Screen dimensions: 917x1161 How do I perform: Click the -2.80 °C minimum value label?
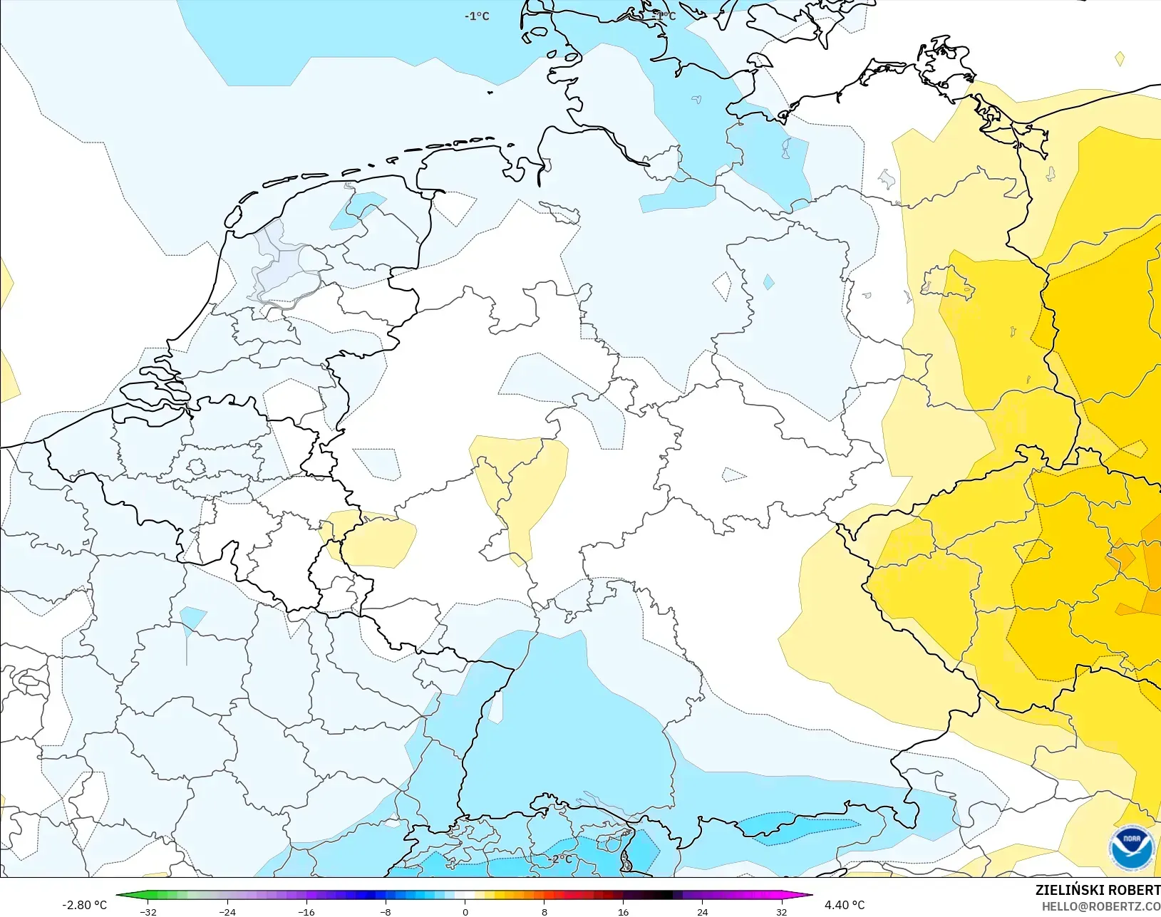(x=84, y=905)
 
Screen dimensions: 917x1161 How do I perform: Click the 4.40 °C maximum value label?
(x=845, y=905)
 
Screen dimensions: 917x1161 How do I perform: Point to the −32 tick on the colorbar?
(x=148, y=911)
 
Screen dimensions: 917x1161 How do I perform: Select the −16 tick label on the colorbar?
(x=306, y=911)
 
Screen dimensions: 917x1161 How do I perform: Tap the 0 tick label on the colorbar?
(x=465, y=911)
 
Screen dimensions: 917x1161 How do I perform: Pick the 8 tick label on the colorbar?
(x=545, y=911)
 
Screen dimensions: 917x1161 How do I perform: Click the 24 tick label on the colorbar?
(x=702, y=911)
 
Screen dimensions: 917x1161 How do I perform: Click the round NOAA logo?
(x=1131, y=848)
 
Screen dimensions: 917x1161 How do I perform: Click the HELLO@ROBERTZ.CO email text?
(x=1101, y=906)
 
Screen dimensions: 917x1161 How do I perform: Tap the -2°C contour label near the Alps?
(x=561, y=859)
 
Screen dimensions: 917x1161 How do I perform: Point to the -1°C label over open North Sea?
(x=477, y=16)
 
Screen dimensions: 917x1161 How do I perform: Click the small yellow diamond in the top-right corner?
(x=1120, y=59)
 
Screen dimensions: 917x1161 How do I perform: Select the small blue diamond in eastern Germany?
(x=768, y=282)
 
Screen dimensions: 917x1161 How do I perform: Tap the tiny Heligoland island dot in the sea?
(x=490, y=92)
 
